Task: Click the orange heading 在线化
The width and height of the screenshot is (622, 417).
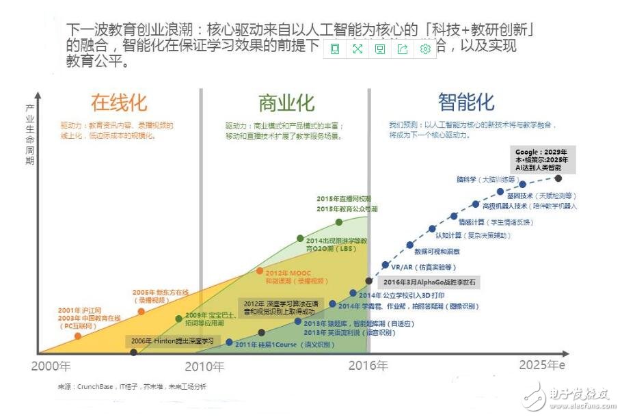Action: pyautogui.click(x=119, y=103)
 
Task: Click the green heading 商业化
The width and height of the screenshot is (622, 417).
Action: pyautogui.click(x=286, y=103)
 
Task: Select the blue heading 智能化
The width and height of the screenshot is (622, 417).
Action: pyautogui.click(x=466, y=103)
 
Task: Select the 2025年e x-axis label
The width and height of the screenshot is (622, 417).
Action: pyautogui.click(x=541, y=365)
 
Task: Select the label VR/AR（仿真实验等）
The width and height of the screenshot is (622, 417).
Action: pyautogui.click(x=423, y=267)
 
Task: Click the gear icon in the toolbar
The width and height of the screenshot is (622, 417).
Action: pyautogui.click(x=425, y=49)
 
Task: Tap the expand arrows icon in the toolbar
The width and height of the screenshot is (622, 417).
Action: pyautogui.click(x=357, y=49)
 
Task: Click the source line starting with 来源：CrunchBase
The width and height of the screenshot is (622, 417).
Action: pyautogui.click(x=132, y=387)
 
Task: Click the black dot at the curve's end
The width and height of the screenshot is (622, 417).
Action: pyautogui.click(x=558, y=178)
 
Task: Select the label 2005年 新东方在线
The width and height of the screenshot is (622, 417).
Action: pyautogui.click(x=162, y=295)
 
